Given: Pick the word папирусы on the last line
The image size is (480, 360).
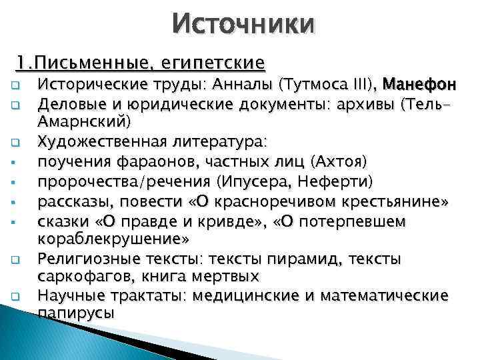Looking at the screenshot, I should coord(76,313).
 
